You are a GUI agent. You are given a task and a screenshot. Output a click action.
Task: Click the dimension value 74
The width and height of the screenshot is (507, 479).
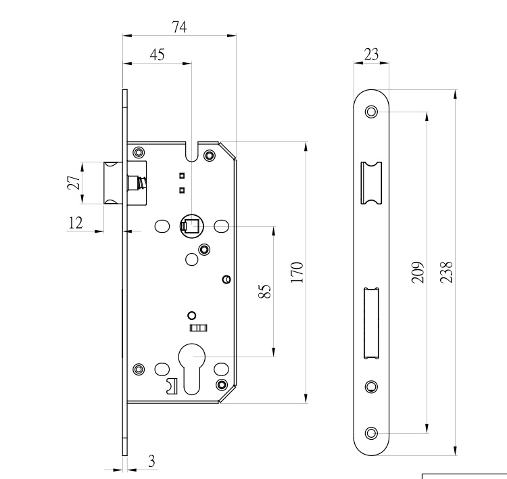pyautogui.click(x=178, y=27)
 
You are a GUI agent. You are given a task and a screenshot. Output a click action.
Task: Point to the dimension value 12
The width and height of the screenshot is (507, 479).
pyautogui.click(x=76, y=222)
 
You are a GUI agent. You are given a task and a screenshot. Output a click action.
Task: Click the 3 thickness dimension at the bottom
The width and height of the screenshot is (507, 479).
pyautogui.click(x=151, y=461)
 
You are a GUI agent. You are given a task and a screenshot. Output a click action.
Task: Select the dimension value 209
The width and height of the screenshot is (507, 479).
pyautogui.click(x=417, y=271)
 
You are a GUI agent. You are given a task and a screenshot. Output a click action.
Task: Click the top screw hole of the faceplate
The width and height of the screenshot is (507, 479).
pyautogui.click(x=371, y=112)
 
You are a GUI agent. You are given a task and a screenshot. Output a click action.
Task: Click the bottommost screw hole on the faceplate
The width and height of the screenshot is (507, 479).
pyautogui.click(x=371, y=432)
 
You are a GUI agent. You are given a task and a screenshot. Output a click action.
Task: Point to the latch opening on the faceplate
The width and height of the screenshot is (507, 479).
pyautogui.click(x=371, y=183)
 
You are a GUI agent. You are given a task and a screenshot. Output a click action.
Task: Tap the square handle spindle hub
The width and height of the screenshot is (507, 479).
pyautogui.click(x=190, y=225)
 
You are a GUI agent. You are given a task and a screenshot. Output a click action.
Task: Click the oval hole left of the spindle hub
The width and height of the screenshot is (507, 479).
pyautogui.click(x=162, y=226)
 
